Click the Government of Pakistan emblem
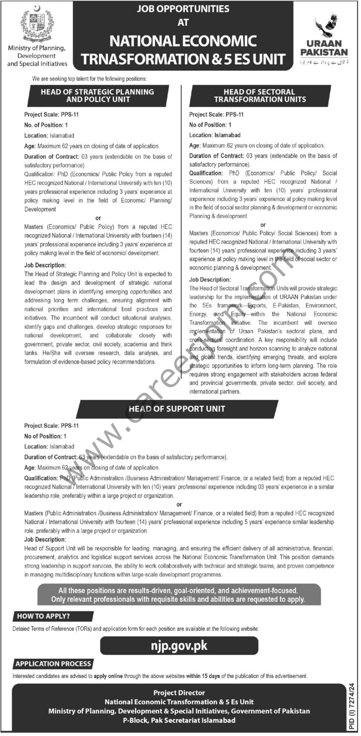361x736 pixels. [38, 24]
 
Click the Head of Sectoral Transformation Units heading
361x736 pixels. [260, 95]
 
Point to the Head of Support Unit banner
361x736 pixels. [177, 409]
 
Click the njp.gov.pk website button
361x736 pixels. [180, 645]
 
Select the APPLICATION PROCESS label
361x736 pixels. [53, 664]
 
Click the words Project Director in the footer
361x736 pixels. [179, 692]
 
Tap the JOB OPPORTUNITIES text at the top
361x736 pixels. [183, 9]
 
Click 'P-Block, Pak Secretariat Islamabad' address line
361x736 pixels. [179, 720]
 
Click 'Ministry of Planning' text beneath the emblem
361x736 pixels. [37, 48]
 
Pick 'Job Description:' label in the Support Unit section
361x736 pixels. [44, 539]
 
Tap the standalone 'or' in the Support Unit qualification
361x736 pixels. [179, 504]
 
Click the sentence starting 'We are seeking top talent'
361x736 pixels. [90, 78]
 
